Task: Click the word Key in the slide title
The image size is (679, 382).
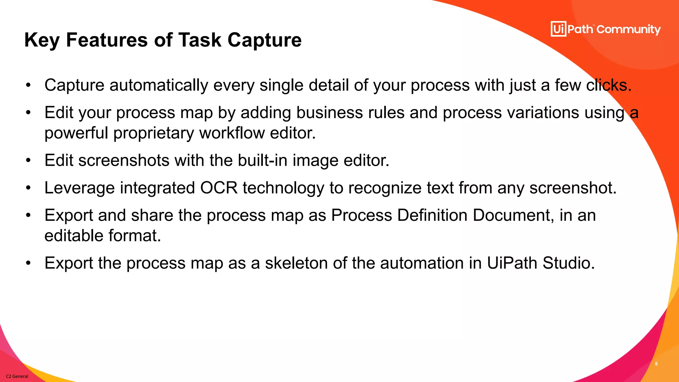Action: point(42,40)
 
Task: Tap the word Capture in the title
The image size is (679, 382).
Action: point(264,40)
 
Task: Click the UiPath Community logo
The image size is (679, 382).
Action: point(605,29)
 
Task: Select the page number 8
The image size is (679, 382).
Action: point(656,364)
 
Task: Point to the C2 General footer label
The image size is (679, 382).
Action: point(17,376)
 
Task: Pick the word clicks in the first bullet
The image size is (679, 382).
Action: point(608,85)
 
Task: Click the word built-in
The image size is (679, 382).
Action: point(263,160)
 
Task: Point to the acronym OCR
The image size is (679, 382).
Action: point(219,188)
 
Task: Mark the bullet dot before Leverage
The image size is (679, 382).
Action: point(29,188)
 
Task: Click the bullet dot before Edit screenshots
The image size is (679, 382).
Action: point(29,160)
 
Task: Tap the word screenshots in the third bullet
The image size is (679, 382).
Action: point(124,160)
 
